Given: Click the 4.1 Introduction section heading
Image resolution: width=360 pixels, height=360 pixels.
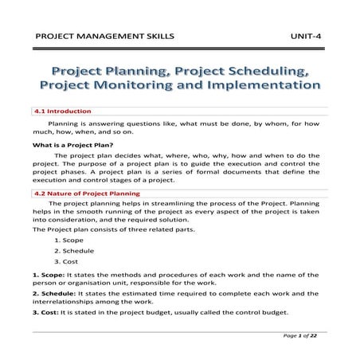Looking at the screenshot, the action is (63, 111).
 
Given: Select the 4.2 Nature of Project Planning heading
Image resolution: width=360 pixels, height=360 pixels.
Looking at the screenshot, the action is (87, 194).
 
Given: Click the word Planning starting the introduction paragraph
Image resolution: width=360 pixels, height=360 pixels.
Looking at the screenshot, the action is (65, 124).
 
